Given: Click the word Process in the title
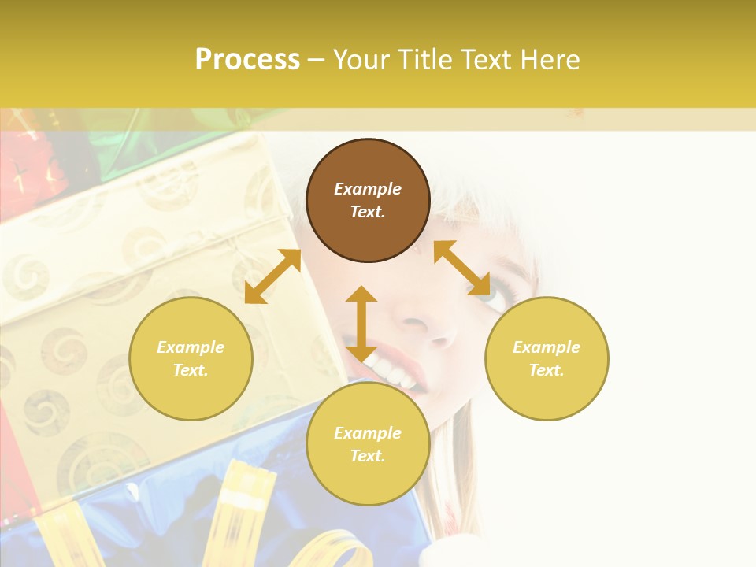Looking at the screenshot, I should tap(247, 60).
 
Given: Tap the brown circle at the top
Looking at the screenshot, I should tap(368, 201).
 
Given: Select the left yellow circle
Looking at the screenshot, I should tap(191, 358).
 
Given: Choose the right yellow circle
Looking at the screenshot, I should tap(547, 358).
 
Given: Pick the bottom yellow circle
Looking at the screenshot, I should tap(368, 444).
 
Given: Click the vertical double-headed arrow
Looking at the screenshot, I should tap(361, 324).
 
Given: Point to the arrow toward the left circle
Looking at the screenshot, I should tap(272, 276).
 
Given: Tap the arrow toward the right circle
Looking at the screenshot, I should tap(461, 268).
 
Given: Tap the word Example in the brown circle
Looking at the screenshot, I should tap(368, 189).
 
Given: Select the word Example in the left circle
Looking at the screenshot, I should tap(191, 347).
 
